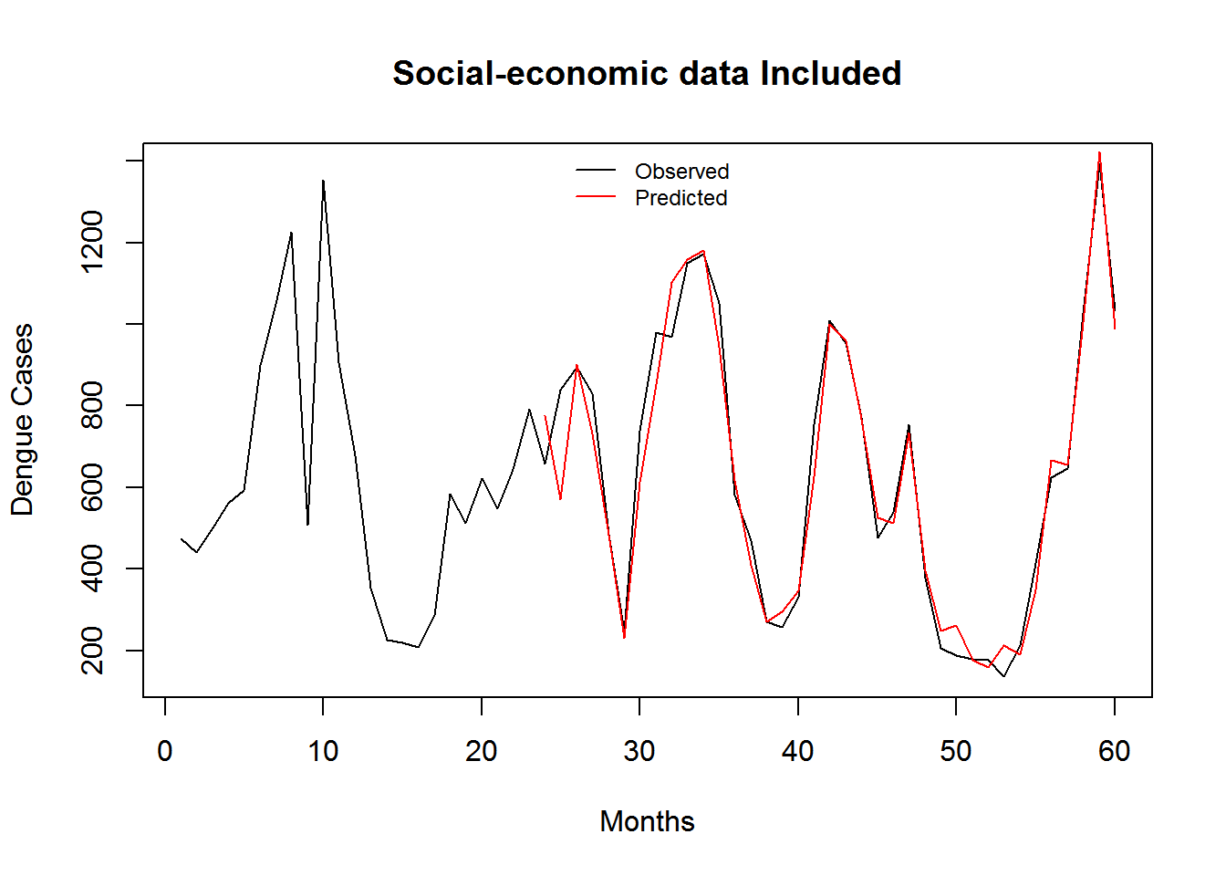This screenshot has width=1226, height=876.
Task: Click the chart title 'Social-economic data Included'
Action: (647, 73)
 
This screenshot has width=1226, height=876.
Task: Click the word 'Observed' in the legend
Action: (681, 172)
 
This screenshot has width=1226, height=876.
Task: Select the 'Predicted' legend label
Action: (681, 198)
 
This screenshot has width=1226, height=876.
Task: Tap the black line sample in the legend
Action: (596, 171)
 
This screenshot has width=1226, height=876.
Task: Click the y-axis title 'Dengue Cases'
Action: (22, 420)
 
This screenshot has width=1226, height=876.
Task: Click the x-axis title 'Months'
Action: (647, 821)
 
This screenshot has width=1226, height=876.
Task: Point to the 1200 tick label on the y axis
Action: (92, 242)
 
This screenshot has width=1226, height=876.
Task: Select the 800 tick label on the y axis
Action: (92, 405)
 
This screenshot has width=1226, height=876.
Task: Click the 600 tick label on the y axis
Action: (92, 486)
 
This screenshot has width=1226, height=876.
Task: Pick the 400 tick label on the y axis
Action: (92, 568)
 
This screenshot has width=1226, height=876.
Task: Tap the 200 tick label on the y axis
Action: (92, 650)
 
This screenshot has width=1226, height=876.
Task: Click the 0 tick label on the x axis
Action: (165, 751)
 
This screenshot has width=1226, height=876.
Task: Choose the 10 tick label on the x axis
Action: (323, 751)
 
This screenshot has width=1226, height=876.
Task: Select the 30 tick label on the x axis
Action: (639, 751)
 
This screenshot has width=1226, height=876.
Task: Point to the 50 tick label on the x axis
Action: (956, 751)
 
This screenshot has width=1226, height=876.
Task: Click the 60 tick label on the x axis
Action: (1115, 751)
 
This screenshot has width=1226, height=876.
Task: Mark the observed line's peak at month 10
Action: (323, 181)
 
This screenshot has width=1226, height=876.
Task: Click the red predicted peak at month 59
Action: (1099, 152)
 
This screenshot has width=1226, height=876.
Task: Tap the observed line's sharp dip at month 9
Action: (307, 525)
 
